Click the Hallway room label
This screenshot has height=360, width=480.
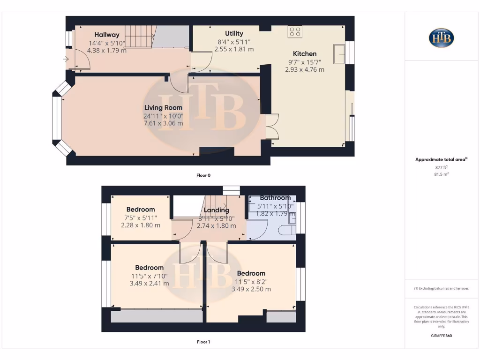(x=107, y=35)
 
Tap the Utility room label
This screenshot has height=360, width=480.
(x=234, y=33)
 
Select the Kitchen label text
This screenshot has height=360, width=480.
(x=305, y=53)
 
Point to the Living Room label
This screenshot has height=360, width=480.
(x=163, y=108)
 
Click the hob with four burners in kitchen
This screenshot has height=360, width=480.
(x=295, y=32)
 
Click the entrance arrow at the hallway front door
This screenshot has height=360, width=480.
(x=65, y=59)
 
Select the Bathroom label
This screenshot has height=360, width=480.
(x=276, y=198)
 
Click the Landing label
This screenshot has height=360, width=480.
(x=216, y=210)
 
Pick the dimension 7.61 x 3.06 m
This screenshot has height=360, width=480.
(x=163, y=124)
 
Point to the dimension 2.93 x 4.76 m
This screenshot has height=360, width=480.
(x=305, y=69)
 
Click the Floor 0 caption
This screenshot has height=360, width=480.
(x=203, y=175)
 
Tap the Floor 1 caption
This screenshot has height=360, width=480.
(x=203, y=342)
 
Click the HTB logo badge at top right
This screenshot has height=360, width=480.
(x=441, y=38)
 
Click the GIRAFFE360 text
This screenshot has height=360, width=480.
(x=441, y=336)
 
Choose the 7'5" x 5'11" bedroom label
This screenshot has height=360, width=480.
(x=141, y=217)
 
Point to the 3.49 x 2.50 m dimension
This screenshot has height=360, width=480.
(x=251, y=289)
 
